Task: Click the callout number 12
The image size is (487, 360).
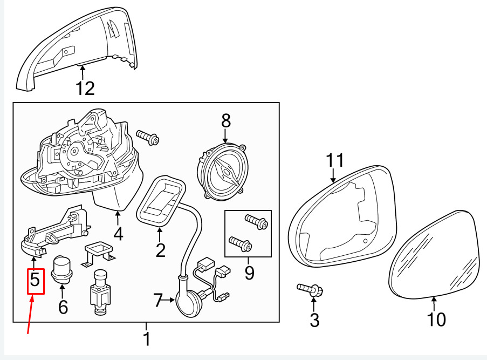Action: pyautogui.click(x=85, y=89)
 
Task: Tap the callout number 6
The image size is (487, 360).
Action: pyautogui.click(x=63, y=307)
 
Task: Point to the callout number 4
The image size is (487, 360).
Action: pyautogui.click(x=118, y=234)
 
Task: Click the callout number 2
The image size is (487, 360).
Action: pyautogui.click(x=160, y=250)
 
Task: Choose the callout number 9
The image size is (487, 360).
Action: pyautogui.click(x=249, y=273)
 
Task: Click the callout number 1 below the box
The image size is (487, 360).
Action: pyautogui.click(x=147, y=339)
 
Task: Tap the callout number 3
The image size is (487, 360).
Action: pyautogui.click(x=314, y=320)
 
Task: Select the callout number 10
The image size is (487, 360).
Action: pyautogui.click(x=436, y=320)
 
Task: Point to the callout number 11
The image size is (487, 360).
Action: pyautogui.click(x=335, y=160)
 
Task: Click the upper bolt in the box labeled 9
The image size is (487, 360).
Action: pyautogui.click(x=257, y=221)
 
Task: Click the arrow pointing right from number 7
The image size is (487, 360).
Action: pyautogui.click(x=169, y=300)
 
